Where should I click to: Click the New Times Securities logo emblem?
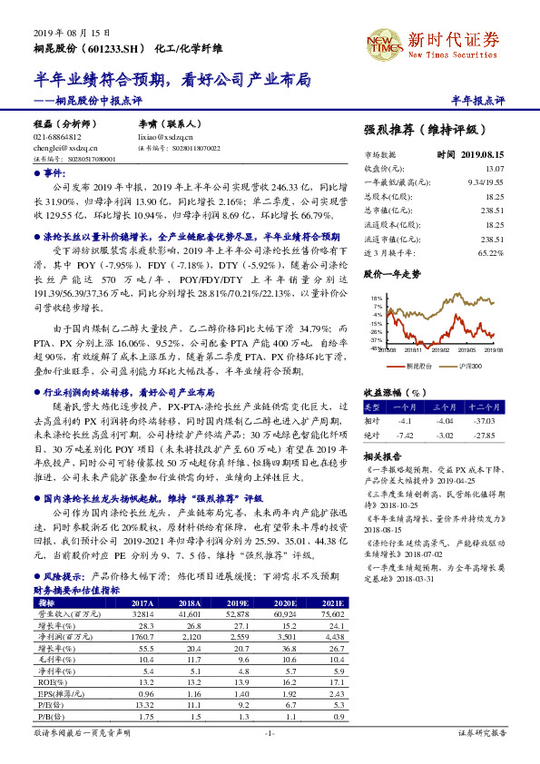[x=383, y=41]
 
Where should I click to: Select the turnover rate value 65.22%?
[x=490, y=253]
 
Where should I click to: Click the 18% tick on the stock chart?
[x=376, y=298]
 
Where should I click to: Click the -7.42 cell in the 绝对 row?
[x=404, y=435]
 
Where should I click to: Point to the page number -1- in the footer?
[x=269, y=732]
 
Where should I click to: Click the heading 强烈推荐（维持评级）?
[x=427, y=131]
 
